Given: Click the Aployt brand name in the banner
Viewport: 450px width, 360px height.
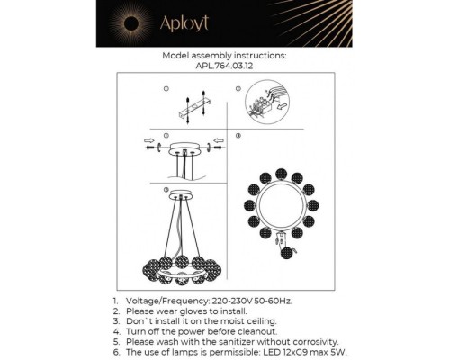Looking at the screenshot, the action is pyautogui.click(x=184, y=23).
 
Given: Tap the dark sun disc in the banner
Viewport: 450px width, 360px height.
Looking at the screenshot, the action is pyautogui.click(x=131, y=23).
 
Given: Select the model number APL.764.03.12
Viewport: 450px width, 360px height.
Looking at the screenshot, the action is pyautogui.click(x=224, y=66).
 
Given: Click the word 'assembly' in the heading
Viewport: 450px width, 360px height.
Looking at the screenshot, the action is pyautogui.click(x=211, y=56).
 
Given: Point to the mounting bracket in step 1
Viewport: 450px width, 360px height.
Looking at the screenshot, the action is pyautogui.click(x=194, y=107).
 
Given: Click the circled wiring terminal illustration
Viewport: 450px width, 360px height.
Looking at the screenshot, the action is pyautogui.click(x=267, y=103).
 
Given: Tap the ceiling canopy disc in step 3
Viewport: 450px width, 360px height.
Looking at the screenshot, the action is pyautogui.click(x=184, y=149).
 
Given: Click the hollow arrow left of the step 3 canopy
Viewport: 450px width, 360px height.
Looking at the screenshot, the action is pyautogui.click(x=149, y=140).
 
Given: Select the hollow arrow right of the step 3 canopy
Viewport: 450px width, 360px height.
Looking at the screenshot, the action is pyautogui.click(x=219, y=140).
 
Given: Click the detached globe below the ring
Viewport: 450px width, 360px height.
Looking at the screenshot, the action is pyautogui.click(x=286, y=253).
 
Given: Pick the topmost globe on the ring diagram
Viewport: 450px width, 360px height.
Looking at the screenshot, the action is pyautogui.click(x=281, y=175).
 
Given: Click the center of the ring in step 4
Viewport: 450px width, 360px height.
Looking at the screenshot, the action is pyautogui.click(x=281, y=206).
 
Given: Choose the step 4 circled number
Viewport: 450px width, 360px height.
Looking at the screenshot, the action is pyautogui.click(x=238, y=136).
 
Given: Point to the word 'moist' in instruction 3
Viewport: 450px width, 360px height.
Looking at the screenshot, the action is pyautogui.click(x=232, y=321).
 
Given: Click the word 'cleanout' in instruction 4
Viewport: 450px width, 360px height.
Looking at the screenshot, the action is pyautogui.click(x=257, y=331).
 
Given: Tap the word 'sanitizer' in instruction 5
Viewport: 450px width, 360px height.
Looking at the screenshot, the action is pyautogui.click(x=237, y=342).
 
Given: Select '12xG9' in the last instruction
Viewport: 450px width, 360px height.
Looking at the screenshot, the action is pyautogui.click(x=292, y=352).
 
